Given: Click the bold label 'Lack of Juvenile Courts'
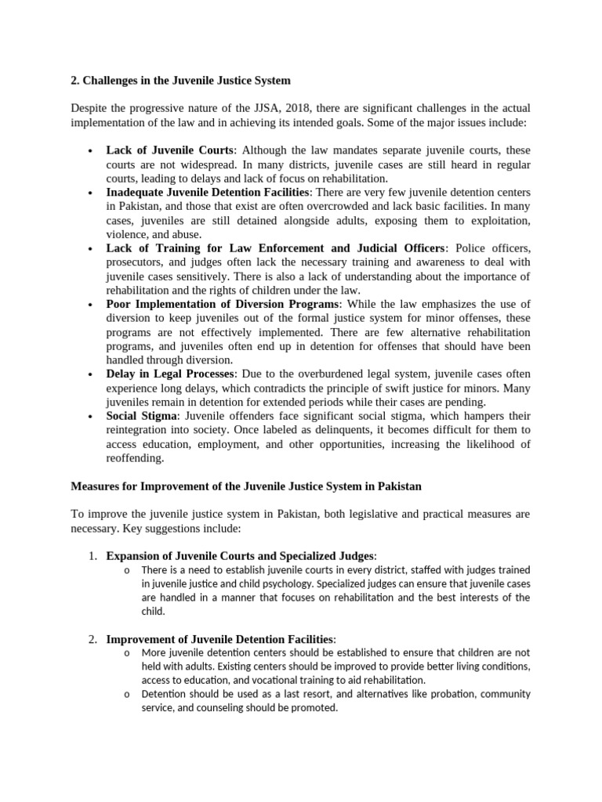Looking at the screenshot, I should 169,150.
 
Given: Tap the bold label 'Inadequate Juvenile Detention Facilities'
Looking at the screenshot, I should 209,192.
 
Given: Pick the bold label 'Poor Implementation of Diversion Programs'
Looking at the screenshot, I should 223,304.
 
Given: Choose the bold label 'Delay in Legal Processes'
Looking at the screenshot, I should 169,374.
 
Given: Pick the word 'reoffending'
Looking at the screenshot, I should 135,458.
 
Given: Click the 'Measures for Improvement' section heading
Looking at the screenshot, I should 246,486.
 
